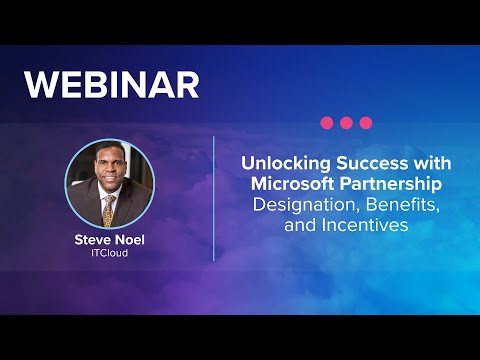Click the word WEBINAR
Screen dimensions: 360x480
[x=112, y=84]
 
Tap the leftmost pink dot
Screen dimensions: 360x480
[x=326, y=122]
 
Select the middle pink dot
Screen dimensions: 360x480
[x=346, y=122]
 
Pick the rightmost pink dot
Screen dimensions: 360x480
[x=366, y=122]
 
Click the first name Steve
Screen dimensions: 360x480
[x=91, y=240]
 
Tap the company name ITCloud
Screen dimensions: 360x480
[x=109, y=254]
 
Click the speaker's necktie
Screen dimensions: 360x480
[x=110, y=208]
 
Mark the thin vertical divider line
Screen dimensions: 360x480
[x=214, y=197]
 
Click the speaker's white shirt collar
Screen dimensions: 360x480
[x=103, y=198]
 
